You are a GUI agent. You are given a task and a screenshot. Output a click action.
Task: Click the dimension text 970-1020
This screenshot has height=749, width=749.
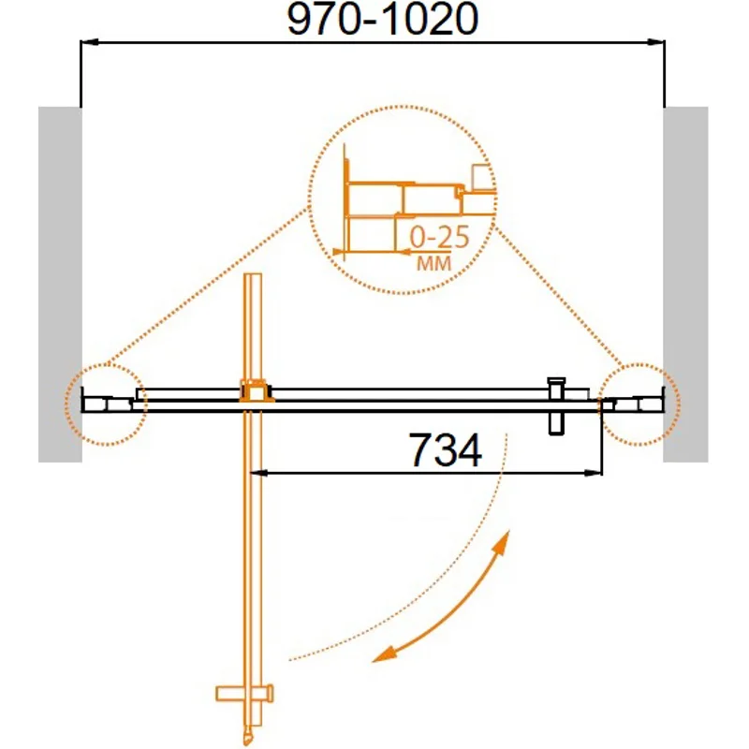[374, 20]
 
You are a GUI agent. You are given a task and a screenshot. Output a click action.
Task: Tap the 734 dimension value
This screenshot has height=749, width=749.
[445, 450]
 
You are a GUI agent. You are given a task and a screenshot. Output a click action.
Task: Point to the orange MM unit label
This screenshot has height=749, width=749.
[432, 265]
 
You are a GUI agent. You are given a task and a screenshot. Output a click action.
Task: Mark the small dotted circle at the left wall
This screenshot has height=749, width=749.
[106, 404]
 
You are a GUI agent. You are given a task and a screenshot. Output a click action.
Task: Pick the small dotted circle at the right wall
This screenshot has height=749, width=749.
[640, 404]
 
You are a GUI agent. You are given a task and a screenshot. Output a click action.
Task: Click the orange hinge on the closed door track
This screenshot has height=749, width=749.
[254, 391]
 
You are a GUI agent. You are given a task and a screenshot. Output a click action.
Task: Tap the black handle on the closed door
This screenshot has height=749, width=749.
[556, 404]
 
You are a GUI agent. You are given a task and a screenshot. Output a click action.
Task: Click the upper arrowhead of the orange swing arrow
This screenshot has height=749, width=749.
[505, 541]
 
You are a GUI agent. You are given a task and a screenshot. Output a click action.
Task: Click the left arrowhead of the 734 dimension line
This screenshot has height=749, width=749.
[262, 475]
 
